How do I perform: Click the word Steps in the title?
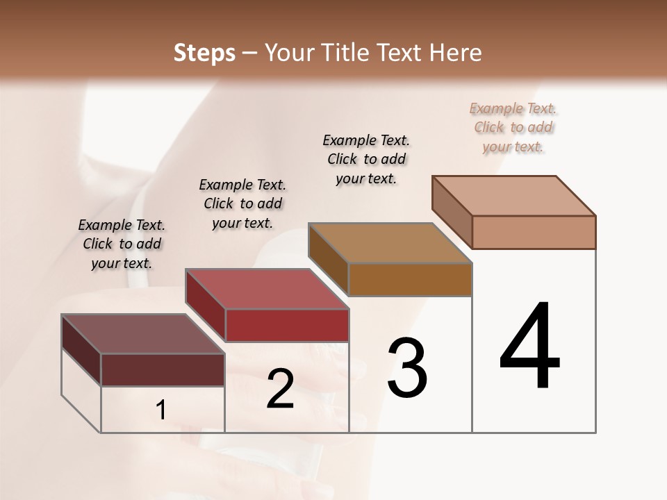[x=204, y=53]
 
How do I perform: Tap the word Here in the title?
[x=456, y=53]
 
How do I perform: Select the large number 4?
[x=529, y=348]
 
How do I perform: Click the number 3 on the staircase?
[x=407, y=368]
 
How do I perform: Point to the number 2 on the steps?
[x=281, y=389]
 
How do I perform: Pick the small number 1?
[x=161, y=410]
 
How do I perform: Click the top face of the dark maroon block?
[x=143, y=334]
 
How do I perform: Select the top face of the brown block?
[x=390, y=243]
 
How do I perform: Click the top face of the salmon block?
[x=514, y=196]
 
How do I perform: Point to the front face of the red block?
[x=287, y=325]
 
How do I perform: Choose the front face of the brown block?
[x=410, y=280]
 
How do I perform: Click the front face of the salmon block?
[x=534, y=232]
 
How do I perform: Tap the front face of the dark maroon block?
[x=163, y=369]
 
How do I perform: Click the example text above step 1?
[x=122, y=244]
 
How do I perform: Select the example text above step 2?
[x=242, y=203]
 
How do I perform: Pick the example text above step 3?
[x=366, y=159]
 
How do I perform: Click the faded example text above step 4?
[x=513, y=127]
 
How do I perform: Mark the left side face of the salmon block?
[x=452, y=212]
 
